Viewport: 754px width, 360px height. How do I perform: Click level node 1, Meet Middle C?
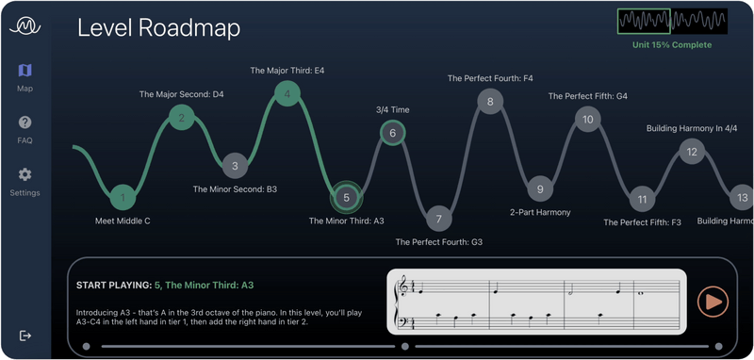pyautogui.click(x=123, y=198)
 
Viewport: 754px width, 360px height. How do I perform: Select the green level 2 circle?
pyautogui.click(x=182, y=117)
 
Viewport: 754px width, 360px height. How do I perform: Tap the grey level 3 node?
pyautogui.click(x=236, y=166)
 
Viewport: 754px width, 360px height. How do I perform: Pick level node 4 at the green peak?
pyautogui.click(x=287, y=93)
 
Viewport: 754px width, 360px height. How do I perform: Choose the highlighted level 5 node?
pyautogui.click(x=346, y=198)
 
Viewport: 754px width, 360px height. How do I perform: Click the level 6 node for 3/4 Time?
pyautogui.click(x=393, y=133)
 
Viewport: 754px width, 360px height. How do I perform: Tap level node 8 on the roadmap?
pyautogui.click(x=489, y=100)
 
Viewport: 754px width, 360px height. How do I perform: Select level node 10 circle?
pyautogui.click(x=588, y=120)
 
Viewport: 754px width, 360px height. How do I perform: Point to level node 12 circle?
pyautogui.click(x=692, y=151)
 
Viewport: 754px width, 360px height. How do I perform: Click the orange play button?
pyautogui.click(x=713, y=302)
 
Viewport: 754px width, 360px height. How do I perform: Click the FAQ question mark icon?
pyautogui.click(x=25, y=123)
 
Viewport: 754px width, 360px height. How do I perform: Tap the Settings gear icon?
pyautogui.click(x=25, y=174)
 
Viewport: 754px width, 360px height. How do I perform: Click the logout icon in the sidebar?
pyautogui.click(x=25, y=335)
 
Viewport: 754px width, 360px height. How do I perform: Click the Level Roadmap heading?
pyautogui.click(x=158, y=28)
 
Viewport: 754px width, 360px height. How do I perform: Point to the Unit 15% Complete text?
pyautogui.click(x=672, y=44)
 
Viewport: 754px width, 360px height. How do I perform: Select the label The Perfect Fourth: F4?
pyautogui.click(x=490, y=78)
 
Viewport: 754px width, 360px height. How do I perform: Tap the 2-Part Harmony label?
pyautogui.click(x=540, y=212)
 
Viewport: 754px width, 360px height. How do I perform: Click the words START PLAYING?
pyautogui.click(x=113, y=285)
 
